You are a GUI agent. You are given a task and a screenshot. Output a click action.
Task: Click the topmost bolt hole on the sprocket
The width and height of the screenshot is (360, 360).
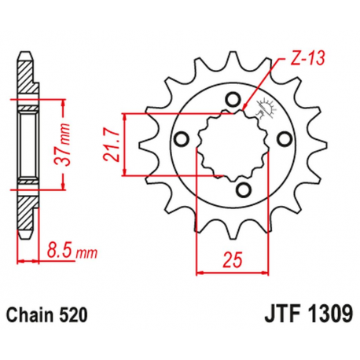click(x=233, y=98)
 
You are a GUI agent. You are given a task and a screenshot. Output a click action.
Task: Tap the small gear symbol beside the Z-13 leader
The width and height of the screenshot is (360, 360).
click(x=266, y=110)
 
